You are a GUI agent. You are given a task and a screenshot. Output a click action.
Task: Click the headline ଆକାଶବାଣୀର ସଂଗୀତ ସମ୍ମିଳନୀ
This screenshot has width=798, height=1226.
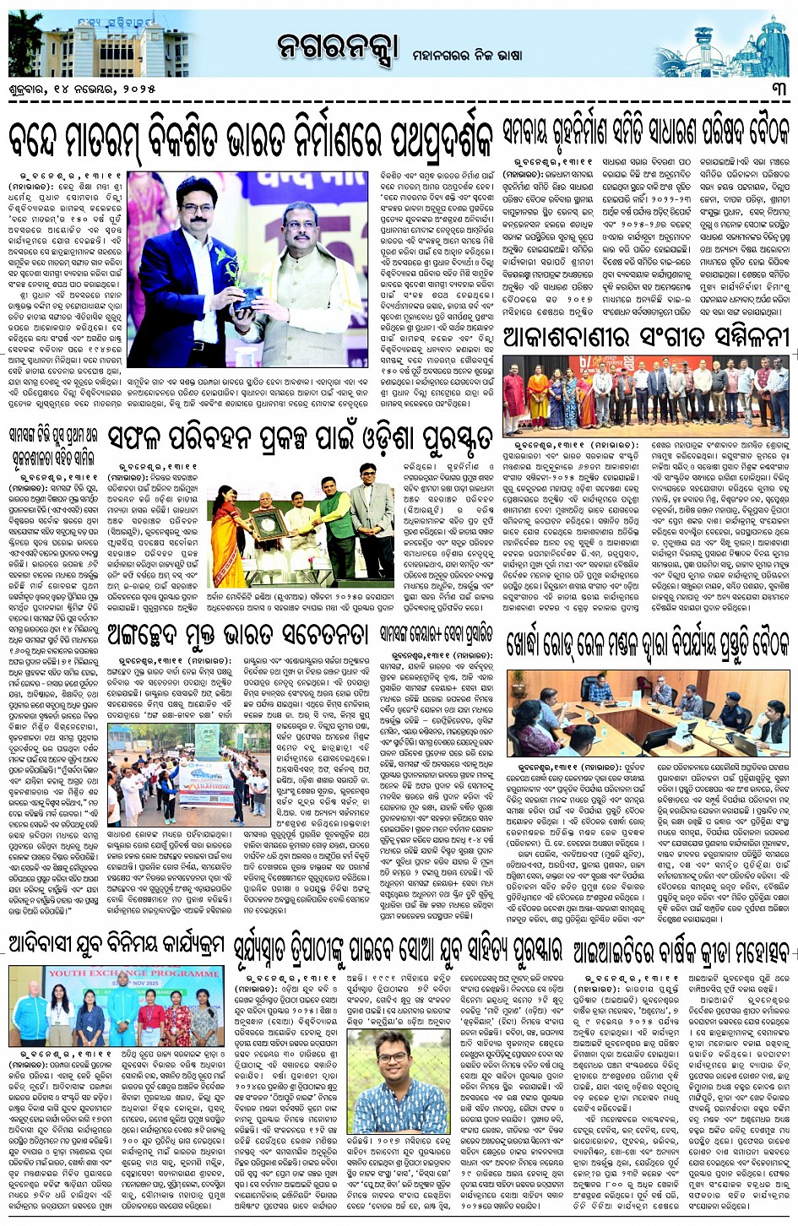pyautogui.click(x=645, y=338)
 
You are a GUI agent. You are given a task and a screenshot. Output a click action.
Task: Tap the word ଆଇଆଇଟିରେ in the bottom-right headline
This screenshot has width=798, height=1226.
pyautogui.click(x=622, y=950)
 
